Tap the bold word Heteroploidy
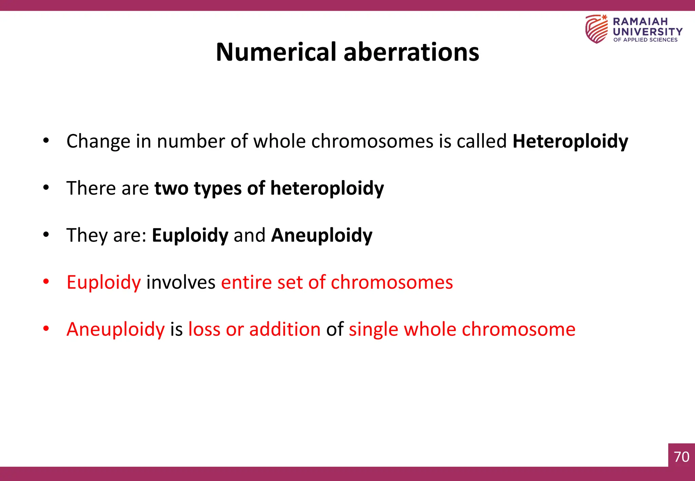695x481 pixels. [x=570, y=141]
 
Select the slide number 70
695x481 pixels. [x=681, y=457]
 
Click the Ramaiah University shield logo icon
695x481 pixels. [x=596, y=29]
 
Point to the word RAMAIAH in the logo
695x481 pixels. [x=640, y=21]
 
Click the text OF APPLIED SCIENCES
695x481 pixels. [x=645, y=40]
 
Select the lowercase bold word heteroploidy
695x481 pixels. [x=327, y=189]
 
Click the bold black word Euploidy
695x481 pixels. [x=190, y=235]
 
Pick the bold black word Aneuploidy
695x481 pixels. [x=322, y=235]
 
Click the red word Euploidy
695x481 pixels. [x=104, y=282]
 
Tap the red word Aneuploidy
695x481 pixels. [x=115, y=329]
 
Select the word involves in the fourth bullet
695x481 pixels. [x=181, y=282]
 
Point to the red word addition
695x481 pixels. [x=285, y=329]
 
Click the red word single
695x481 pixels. [x=373, y=329]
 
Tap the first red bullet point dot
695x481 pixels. [x=46, y=281]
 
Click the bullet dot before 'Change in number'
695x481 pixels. [x=46, y=140]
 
